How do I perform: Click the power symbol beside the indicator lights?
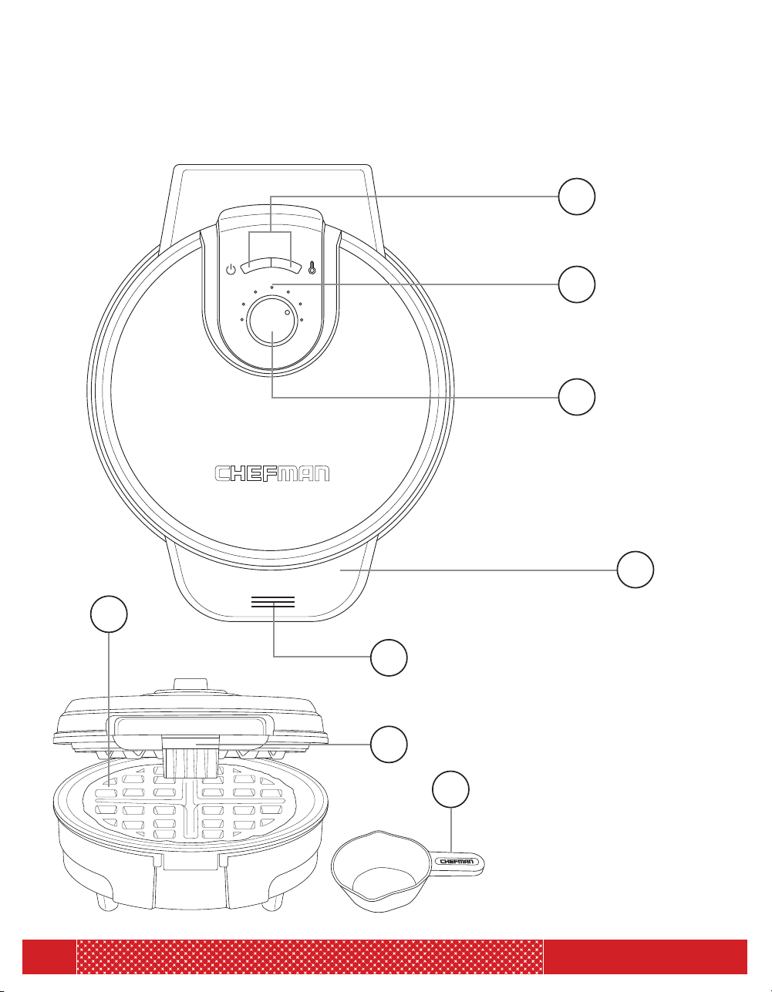pyautogui.click(x=231, y=269)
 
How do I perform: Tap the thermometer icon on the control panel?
pyautogui.click(x=312, y=267)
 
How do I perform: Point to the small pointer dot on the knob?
pyautogui.click(x=288, y=312)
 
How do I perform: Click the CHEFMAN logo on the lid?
pyautogui.click(x=272, y=473)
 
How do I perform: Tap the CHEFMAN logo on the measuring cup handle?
pyautogui.click(x=457, y=862)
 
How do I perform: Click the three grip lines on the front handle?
pyautogui.click(x=273, y=602)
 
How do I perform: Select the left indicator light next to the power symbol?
pyautogui.click(x=257, y=266)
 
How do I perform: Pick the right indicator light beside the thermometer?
pyautogui.click(x=287, y=266)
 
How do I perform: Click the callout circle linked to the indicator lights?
pyautogui.click(x=577, y=197)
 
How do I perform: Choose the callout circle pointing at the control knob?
pyautogui.click(x=577, y=397)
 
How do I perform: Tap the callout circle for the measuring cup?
pyautogui.click(x=451, y=790)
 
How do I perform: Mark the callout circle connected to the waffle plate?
pyautogui.click(x=110, y=614)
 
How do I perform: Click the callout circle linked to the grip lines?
pyautogui.click(x=389, y=657)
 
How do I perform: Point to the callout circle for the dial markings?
pyautogui.click(x=577, y=284)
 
